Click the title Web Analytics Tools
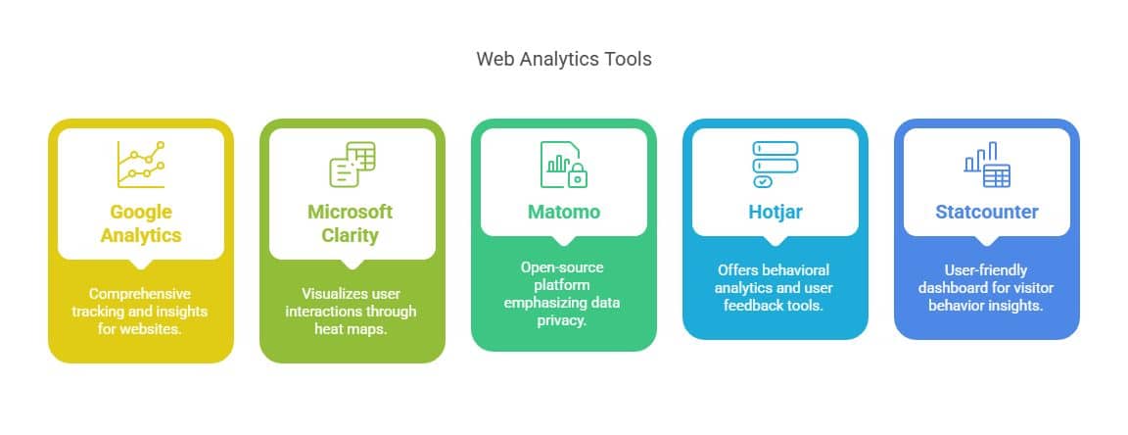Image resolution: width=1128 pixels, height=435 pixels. [563, 59]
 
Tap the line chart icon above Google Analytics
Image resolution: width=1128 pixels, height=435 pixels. [141, 164]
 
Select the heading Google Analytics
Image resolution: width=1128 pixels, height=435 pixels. [141, 223]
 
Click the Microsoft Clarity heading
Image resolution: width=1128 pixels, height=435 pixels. [351, 223]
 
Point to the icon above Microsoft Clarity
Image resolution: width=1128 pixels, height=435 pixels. [352, 164]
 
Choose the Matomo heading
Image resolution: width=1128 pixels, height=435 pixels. [563, 212]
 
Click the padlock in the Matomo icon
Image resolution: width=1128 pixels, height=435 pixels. [578, 176]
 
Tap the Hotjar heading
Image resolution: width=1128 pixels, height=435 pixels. [775, 212]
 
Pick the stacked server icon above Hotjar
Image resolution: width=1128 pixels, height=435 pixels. [775, 164]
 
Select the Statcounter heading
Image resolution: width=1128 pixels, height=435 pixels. [986, 212]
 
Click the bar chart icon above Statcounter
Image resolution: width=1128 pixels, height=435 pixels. [986, 164]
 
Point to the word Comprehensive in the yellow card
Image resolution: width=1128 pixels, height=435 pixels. [140, 293]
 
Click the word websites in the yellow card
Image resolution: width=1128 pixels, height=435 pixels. [160, 328]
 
